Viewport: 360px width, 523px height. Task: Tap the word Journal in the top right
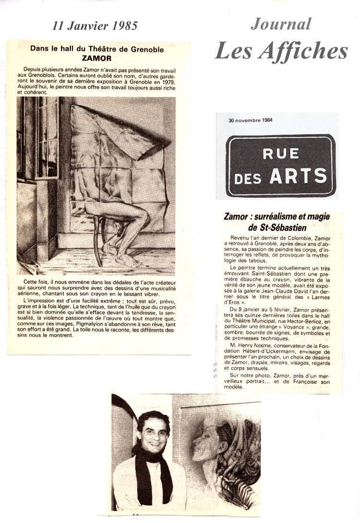(281, 24)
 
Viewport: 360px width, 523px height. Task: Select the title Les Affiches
(281, 50)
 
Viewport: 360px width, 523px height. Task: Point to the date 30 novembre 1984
(250, 120)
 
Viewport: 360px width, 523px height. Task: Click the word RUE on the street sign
(281, 154)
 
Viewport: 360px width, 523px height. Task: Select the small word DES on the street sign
(250, 178)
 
